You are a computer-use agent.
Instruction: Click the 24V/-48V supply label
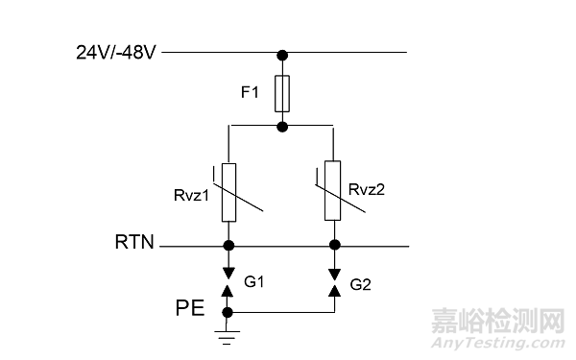(x=117, y=52)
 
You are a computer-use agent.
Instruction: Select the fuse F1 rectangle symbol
(x=281, y=93)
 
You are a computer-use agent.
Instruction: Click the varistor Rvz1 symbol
(x=229, y=192)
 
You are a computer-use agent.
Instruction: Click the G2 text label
(x=362, y=284)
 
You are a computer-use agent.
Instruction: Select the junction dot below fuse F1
(x=281, y=126)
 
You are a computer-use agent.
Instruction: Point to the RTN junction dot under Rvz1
(x=228, y=246)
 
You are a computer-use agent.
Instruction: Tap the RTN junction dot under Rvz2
(x=333, y=246)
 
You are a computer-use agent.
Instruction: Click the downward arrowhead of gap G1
(x=228, y=270)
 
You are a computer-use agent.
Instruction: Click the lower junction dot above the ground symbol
(x=228, y=312)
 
